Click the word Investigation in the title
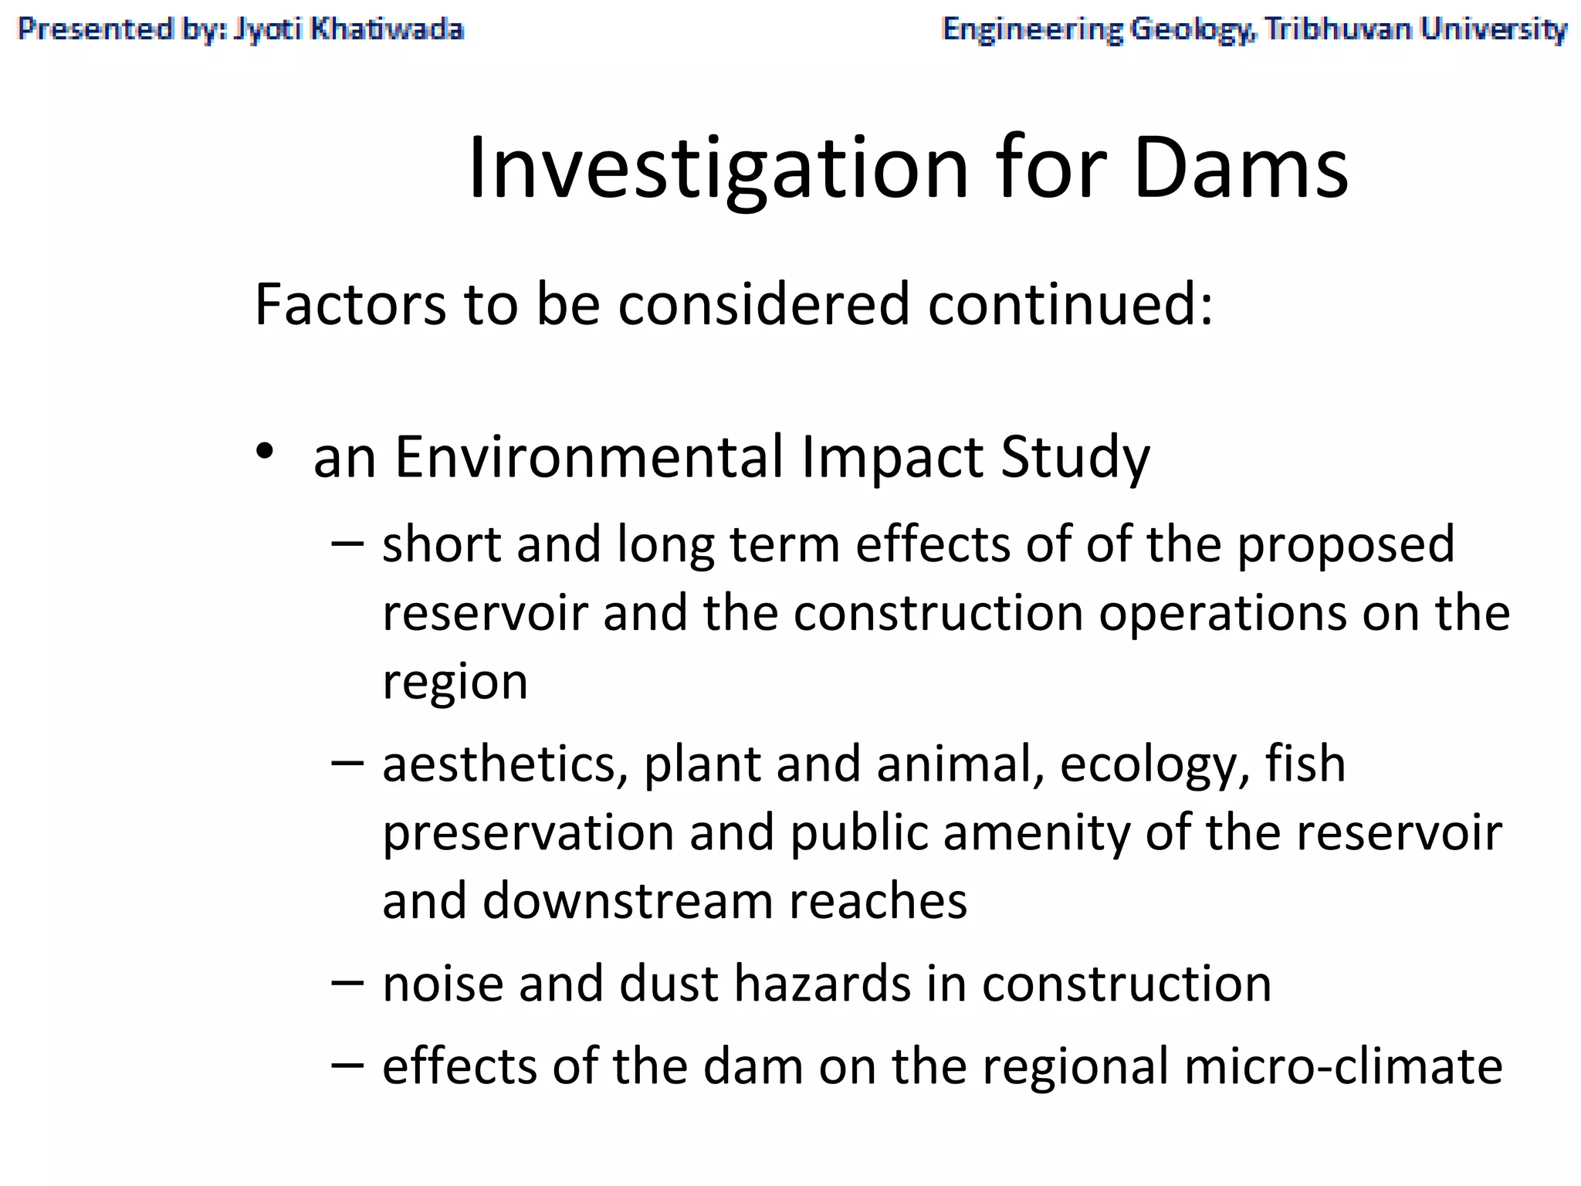click(x=717, y=168)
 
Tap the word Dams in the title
click(x=1241, y=168)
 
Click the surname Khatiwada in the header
click(x=387, y=29)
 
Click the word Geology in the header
click(x=1192, y=30)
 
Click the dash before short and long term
click(x=347, y=544)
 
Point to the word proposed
click(x=1346, y=545)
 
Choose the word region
click(x=455, y=683)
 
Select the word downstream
click(x=628, y=901)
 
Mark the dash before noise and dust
click(x=347, y=983)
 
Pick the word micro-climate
click(x=1342, y=1066)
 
